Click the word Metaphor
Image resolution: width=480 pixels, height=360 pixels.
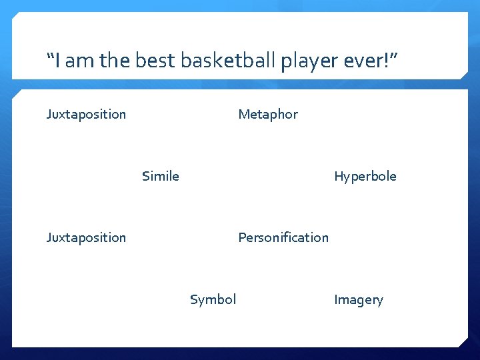(x=268, y=114)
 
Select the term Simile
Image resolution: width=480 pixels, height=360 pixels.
(x=160, y=176)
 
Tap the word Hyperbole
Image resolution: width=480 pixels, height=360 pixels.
(x=365, y=176)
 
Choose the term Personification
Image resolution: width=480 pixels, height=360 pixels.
(x=283, y=237)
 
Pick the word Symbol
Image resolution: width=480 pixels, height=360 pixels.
(x=213, y=299)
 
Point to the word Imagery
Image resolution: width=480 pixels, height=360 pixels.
(x=358, y=299)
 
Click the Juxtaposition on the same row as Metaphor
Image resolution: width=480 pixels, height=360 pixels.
(x=86, y=114)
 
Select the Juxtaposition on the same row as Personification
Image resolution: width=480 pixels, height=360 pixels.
(x=86, y=237)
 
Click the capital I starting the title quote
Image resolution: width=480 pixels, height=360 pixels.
(x=58, y=62)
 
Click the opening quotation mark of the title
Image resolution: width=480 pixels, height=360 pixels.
(x=50, y=57)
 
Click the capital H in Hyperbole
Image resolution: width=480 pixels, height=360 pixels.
(x=339, y=176)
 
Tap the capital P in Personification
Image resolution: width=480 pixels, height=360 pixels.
(x=242, y=237)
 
